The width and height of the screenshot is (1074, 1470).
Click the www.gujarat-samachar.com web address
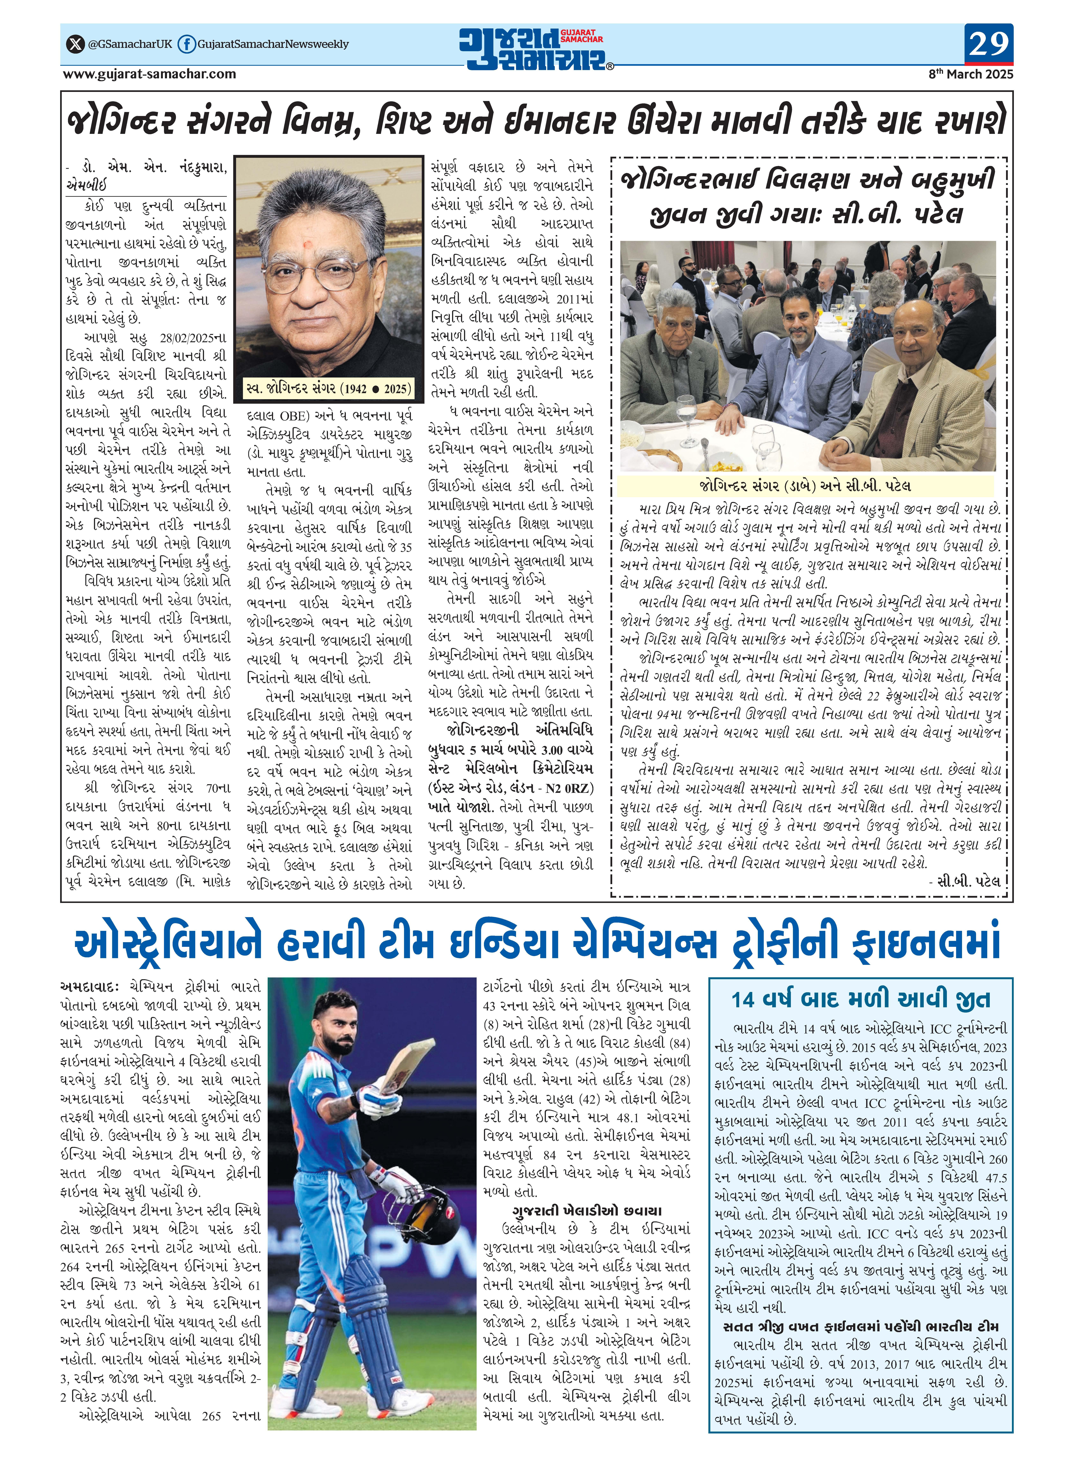point(149,74)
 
